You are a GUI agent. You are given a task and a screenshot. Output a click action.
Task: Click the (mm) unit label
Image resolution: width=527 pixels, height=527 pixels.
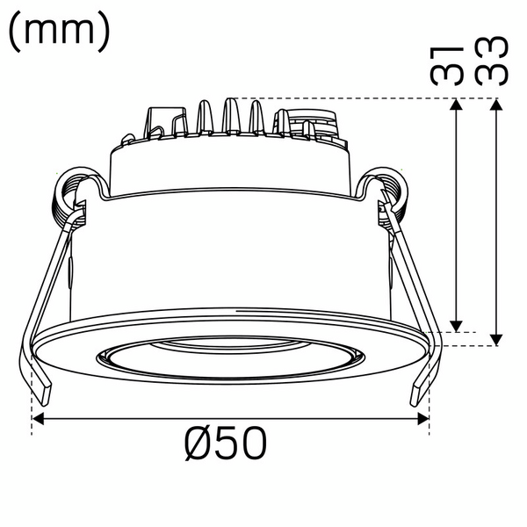click(x=60, y=32)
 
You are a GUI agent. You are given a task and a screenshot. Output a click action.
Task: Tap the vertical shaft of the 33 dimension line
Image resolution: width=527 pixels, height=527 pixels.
click(x=496, y=220)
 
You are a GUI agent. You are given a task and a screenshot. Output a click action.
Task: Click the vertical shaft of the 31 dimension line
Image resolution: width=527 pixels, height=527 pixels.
click(x=455, y=215)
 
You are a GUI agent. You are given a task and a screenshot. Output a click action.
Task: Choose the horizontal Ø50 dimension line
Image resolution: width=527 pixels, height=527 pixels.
click(x=232, y=419)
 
